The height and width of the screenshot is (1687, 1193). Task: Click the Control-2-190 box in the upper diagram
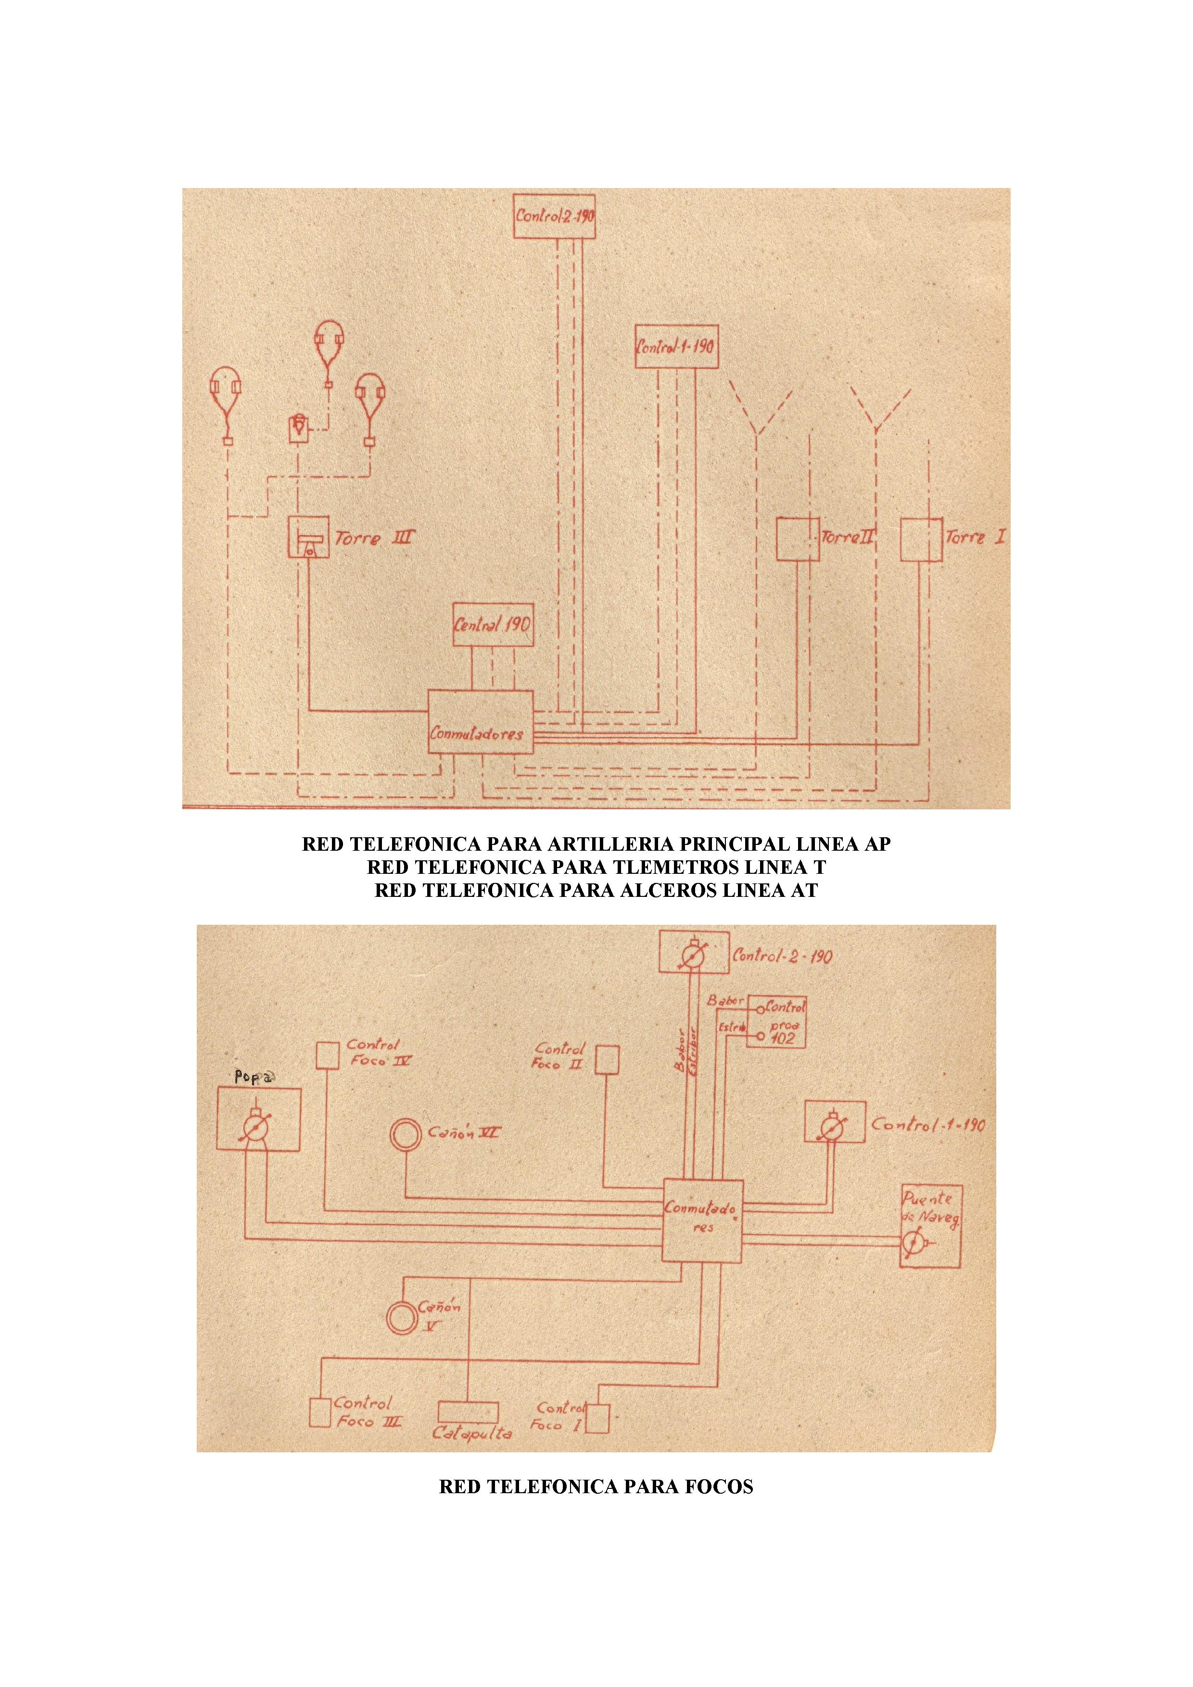point(554,216)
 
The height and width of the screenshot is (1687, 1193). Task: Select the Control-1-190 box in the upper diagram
point(676,346)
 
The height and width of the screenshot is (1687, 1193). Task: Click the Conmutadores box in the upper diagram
point(481,721)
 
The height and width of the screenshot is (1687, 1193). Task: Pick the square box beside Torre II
point(798,539)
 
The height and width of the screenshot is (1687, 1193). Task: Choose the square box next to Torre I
point(921,539)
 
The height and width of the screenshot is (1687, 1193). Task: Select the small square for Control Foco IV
point(327,1055)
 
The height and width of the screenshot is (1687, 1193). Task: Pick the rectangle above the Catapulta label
point(468,1412)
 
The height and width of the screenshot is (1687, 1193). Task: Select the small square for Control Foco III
point(320,1412)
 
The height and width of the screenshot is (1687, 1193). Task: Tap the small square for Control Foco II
point(607,1060)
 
